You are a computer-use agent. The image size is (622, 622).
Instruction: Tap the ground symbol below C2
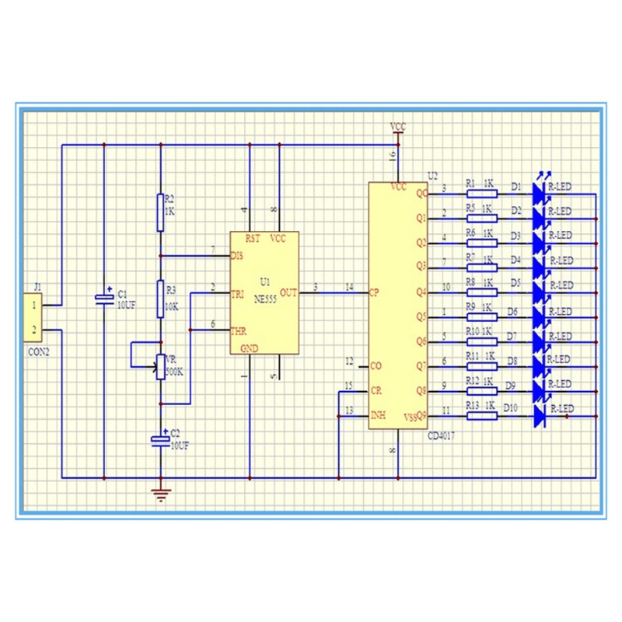pyautogui.click(x=160, y=494)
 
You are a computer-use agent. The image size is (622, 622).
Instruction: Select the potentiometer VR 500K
pyautogui.click(x=160, y=366)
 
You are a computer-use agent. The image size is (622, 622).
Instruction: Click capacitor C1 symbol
pyautogui.click(x=103, y=298)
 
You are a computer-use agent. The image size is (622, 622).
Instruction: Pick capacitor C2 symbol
pyautogui.click(x=160, y=439)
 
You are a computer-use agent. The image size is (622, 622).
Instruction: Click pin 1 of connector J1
pyautogui.click(x=34, y=306)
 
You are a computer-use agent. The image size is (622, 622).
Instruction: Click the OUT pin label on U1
pyautogui.click(x=288, y=293)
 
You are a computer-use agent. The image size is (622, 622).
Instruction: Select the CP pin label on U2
pyautogui.click(x=374, y=293)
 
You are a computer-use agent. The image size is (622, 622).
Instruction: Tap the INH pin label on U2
pyautogui.click(x=377, y=415)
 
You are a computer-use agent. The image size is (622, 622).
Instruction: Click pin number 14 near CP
pyautogui.click(x=349, y=288)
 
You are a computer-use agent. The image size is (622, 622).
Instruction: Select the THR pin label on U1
pyautogui.click(x=238, y=330)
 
